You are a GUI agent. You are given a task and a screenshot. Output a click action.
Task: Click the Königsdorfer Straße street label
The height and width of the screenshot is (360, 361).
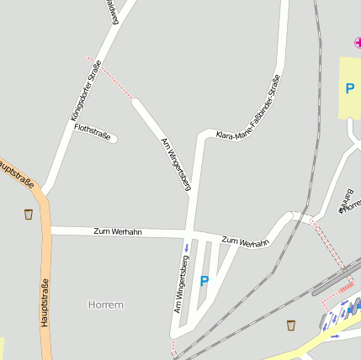tap(86, 89)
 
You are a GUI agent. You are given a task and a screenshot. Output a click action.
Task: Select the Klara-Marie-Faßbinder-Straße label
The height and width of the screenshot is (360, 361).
tap(247, 109)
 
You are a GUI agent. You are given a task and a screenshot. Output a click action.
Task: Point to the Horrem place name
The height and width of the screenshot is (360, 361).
tap(106, 304)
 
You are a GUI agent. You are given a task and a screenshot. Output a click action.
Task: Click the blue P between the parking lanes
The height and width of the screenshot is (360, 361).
tap(204, 281)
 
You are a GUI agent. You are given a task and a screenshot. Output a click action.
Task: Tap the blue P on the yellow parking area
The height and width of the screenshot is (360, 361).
tap(349, 88)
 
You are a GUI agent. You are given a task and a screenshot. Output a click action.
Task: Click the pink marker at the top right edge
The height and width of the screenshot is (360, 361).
tap(358, 42)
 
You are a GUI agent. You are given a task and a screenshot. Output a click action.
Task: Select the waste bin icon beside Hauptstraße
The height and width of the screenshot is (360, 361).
tap(29, 214)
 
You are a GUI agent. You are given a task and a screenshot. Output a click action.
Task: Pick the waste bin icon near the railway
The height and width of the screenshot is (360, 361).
tap(291, 325)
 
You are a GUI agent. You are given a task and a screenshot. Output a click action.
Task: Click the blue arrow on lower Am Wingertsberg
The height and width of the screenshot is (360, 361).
tap(186, 247)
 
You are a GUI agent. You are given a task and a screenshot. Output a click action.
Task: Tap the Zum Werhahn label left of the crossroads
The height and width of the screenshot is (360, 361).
tap(117, 230)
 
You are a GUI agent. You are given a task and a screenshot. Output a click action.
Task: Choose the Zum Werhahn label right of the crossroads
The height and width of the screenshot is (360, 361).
tap(245, 241)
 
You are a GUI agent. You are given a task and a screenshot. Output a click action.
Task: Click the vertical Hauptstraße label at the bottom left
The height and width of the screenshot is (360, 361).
tap(45, 302)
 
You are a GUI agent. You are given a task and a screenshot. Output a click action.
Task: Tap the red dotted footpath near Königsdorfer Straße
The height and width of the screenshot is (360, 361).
tap(109, 77)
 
